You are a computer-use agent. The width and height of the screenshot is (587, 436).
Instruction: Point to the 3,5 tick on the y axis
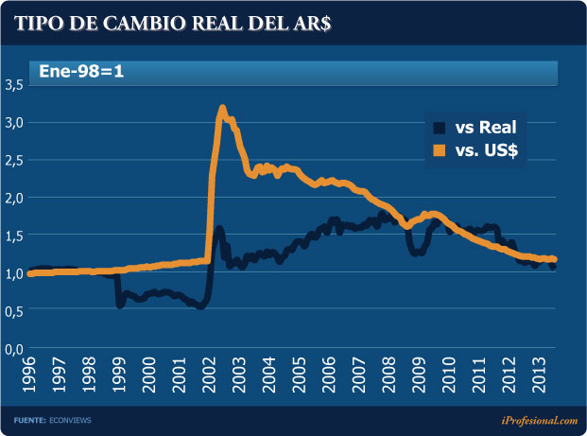(14, 85)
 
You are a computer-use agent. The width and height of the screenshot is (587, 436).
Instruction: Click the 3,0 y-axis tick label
(14, 123)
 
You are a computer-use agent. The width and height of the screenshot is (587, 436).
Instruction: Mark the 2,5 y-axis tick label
(14, 160)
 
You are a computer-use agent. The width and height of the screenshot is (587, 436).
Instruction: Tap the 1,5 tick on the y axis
(14, 235)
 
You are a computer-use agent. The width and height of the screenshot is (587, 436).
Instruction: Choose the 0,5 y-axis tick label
(14, 311)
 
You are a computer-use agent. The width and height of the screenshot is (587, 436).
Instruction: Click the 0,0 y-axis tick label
(14, 349)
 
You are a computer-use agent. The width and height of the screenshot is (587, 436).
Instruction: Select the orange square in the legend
(440, 150)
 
